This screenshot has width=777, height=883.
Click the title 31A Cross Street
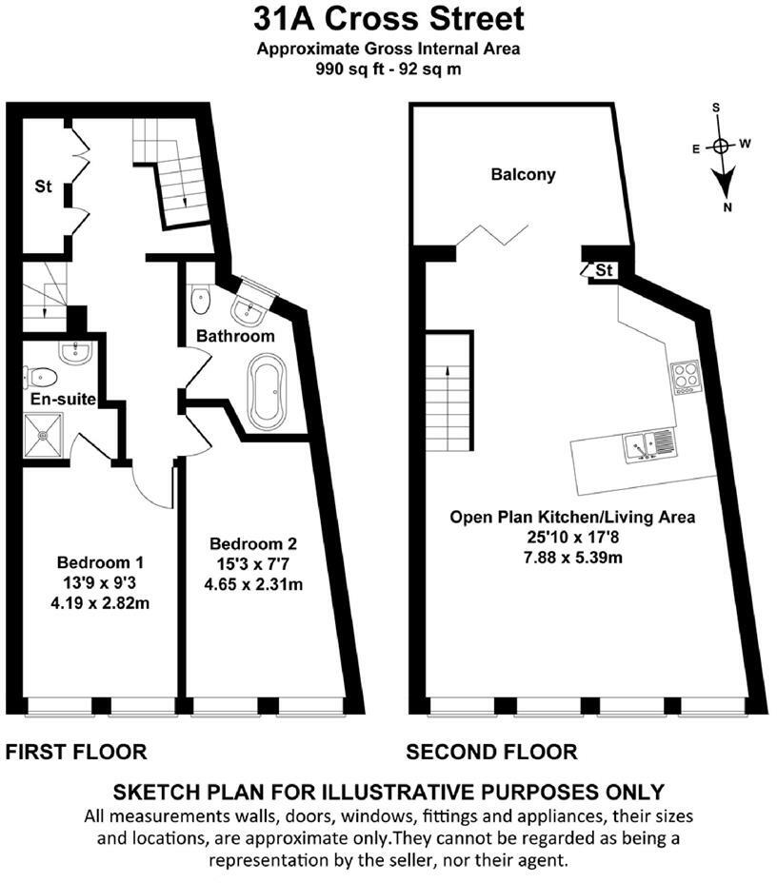388,19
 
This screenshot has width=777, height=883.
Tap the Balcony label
523,175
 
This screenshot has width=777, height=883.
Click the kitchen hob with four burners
685,378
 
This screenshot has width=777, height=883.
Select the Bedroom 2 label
253,544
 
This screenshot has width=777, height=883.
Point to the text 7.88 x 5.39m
572,557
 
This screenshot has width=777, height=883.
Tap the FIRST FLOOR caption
76,753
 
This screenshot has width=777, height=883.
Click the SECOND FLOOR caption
491,753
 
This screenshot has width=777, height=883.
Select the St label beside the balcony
604,271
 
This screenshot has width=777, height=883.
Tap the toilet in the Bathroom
199,300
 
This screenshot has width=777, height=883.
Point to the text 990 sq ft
347,69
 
